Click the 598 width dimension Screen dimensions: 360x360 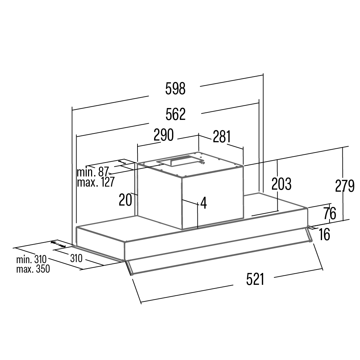point(175,89)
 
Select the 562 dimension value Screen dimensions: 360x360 point(175,114)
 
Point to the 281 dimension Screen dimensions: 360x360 point(221,136)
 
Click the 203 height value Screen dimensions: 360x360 point(281,184)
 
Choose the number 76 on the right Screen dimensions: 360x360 point(330,213)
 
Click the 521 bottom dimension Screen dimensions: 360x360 point(255,279)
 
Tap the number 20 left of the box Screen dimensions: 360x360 point(125,200)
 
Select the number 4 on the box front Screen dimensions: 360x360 point(204,203)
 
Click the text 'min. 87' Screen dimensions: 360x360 point(92,172)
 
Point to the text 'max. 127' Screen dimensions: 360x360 point(96,182)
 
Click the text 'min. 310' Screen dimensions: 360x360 point(31,259)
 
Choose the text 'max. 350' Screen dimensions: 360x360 point(33,269)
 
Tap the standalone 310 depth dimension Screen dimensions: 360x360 point(76,258)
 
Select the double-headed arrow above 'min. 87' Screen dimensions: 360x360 point(122,162)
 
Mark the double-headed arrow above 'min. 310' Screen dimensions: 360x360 point(58,244)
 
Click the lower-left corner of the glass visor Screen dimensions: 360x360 point(132,274)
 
